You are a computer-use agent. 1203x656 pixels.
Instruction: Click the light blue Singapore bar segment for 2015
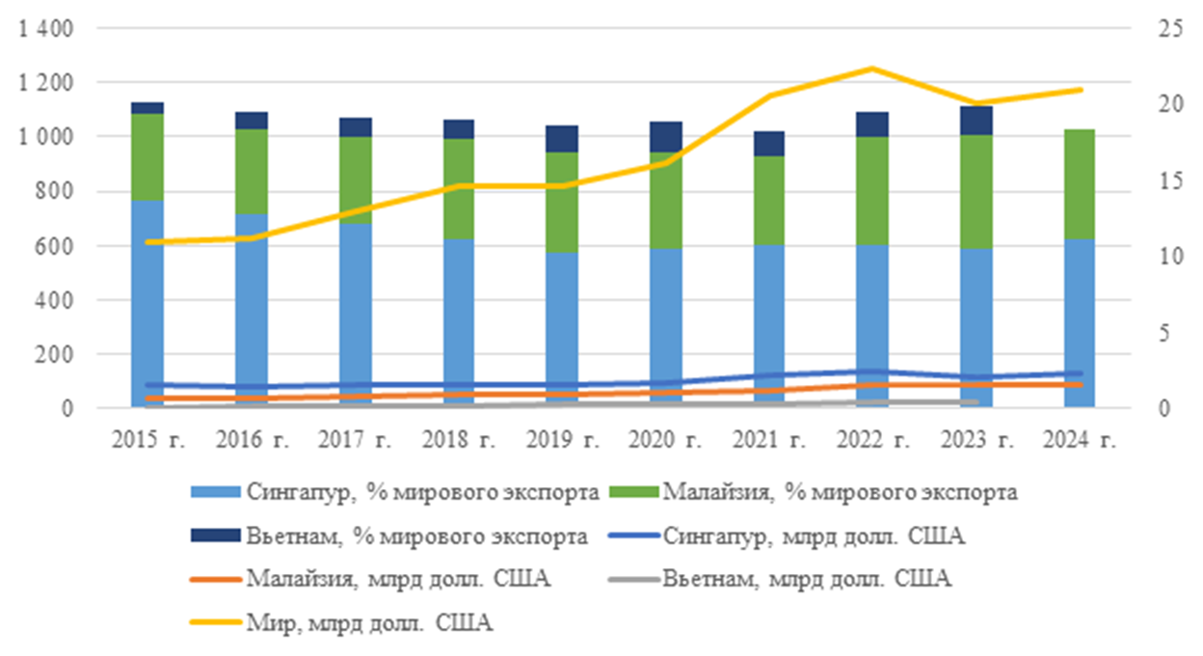click(x=147, y=289)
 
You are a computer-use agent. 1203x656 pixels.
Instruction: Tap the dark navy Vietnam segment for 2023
click(x=976, y=121)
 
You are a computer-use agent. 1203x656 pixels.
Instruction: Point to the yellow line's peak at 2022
click(x=872, y=68)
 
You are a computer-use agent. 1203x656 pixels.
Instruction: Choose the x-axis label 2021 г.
click(x=769, y=440)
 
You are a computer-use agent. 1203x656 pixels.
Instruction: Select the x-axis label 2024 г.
click(x=1080, y=440)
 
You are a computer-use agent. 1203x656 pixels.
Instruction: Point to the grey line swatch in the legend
click(x=633, y=580)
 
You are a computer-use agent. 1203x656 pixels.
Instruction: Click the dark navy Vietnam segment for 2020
click(x=665, y=137)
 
